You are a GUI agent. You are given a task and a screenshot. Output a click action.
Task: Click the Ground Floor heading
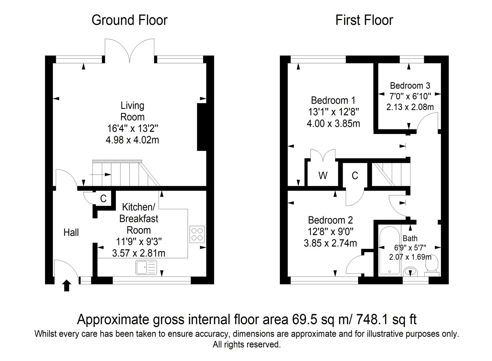[x=130, y=20]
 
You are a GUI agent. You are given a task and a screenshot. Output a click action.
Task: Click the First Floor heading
[x=364, y=20]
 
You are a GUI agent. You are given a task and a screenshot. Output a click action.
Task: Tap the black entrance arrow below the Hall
[x=67, y=285]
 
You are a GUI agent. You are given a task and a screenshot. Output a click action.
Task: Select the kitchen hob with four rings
[x=197, y=234]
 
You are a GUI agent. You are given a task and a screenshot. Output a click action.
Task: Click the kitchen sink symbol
[x=146, y=267]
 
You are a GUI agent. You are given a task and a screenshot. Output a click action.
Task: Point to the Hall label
[x=71, y=232]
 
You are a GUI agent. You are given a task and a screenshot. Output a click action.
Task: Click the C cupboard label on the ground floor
[x=103, y=199]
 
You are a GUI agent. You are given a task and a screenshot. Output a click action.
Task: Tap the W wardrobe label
[x=323, y=175]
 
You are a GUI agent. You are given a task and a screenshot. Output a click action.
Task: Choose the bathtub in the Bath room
[x=390, y=250]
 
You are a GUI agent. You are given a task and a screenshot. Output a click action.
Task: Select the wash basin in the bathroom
[x=411, y=271]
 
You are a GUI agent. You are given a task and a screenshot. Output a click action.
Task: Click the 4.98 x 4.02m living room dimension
[x=132, y=140]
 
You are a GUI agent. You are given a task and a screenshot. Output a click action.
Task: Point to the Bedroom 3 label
[x=410, y=86]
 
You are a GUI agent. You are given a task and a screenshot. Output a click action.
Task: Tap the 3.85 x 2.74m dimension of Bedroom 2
[x=330, y=243]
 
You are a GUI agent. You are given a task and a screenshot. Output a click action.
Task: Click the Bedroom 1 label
[x=333, y=101]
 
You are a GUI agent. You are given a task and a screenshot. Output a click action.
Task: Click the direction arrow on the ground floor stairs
[x=101, y=174]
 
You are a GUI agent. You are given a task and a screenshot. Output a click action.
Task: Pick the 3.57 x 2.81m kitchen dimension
[x=139, y=253]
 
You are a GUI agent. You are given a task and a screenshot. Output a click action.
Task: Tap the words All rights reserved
[x=247, y=345]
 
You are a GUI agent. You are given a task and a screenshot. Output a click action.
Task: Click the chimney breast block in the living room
[x=202, y=127]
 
